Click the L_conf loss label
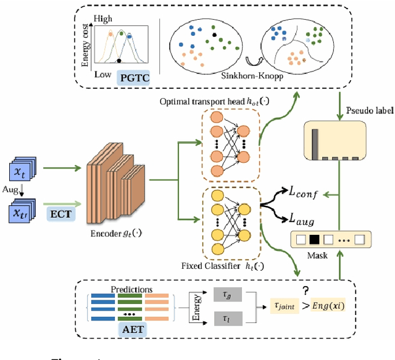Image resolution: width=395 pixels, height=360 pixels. click(301, 194)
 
